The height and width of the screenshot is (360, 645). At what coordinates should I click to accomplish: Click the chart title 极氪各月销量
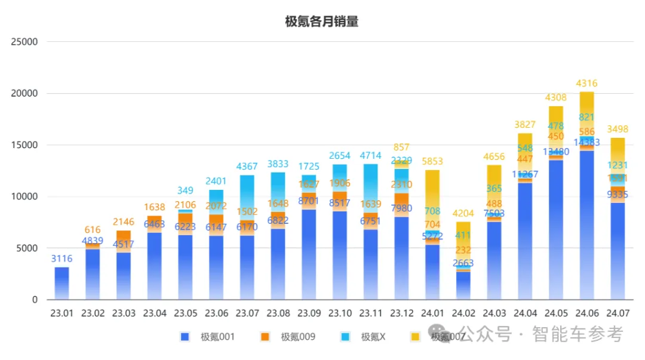pos(321,22)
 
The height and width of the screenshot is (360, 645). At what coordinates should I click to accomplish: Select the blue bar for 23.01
pos(62,284)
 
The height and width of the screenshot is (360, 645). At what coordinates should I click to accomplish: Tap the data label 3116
pos(62,259)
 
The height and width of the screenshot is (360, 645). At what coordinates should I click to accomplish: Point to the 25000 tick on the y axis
pos(26,42)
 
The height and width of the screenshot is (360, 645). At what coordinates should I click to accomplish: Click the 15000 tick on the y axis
pos(26,145)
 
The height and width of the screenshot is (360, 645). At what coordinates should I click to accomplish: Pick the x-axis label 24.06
pos(586,313)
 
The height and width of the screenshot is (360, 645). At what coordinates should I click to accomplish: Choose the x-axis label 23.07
pos(247,313)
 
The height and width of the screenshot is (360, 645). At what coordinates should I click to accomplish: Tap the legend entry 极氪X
pos(373,337)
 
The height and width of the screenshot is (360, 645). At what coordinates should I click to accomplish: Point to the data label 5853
pos(432,161)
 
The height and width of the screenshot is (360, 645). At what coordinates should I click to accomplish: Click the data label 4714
pos(370,156)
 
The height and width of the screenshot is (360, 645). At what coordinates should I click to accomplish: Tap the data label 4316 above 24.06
pos(586,84)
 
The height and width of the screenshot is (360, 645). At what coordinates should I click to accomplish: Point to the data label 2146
pos(124,222)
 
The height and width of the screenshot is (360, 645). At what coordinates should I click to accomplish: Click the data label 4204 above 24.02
pos(463,213)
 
